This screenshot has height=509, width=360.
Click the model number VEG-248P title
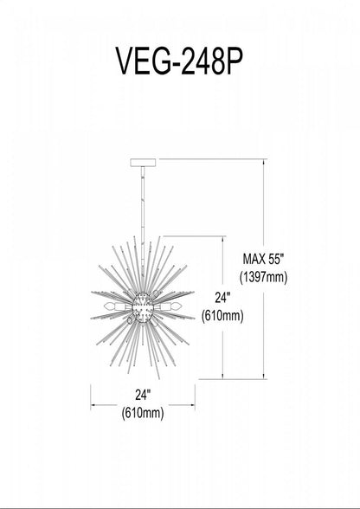click(179, 61)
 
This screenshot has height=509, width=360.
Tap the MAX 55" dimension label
click(264, 260)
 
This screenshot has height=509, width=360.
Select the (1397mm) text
click(264, 278)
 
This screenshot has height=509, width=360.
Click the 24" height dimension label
click(222, 298)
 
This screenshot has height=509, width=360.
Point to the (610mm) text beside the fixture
click(222, 316)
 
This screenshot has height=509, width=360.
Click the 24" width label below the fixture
click(143, 395)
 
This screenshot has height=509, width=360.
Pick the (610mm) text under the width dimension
click(143, 414)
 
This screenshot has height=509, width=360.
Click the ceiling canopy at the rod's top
click(143, 163)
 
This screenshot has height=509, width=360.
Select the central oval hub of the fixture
click(143, 307)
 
